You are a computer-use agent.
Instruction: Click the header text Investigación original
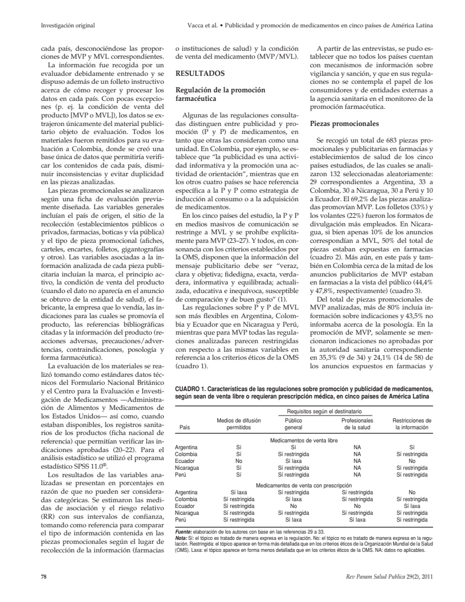click(69, 26)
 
